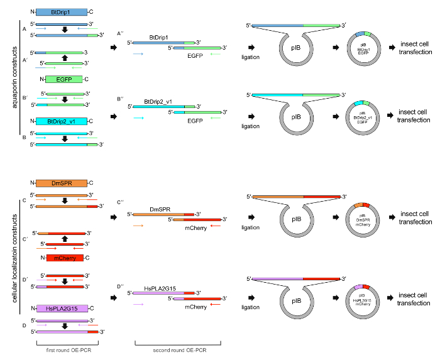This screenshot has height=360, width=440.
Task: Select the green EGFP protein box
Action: (63, 79)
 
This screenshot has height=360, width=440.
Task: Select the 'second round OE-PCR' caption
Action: (177, 349)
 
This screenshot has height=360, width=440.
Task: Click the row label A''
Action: (120, 33)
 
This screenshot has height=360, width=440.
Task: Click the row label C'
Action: (25, 239)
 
